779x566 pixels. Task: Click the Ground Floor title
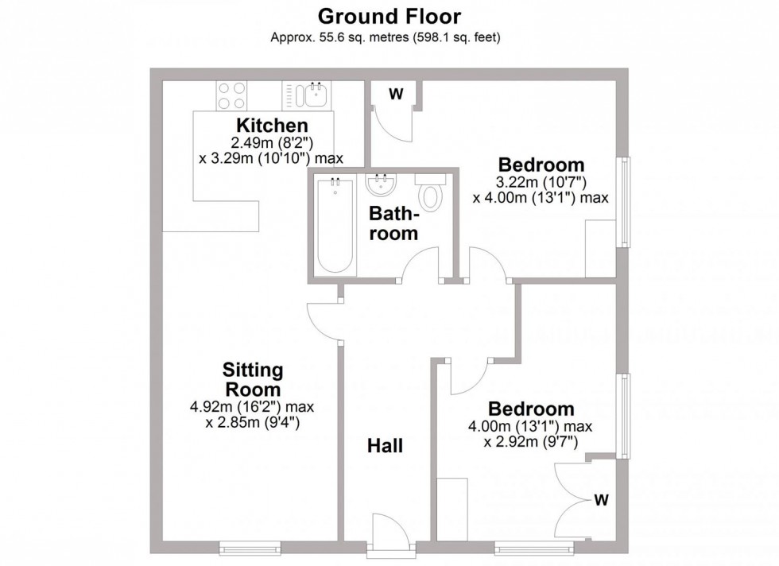(389, 15)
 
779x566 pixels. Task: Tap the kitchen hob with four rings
(231, 96)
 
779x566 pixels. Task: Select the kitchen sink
(312, 96)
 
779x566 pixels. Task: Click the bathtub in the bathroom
(334, 225)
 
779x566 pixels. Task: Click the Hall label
(385, 446)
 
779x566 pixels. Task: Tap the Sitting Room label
(254, 380)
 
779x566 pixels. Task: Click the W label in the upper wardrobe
(395, 94)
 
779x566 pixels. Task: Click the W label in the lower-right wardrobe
(602, 500)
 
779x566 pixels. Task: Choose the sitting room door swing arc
(324, 321)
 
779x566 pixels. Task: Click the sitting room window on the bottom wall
(250, 548)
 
